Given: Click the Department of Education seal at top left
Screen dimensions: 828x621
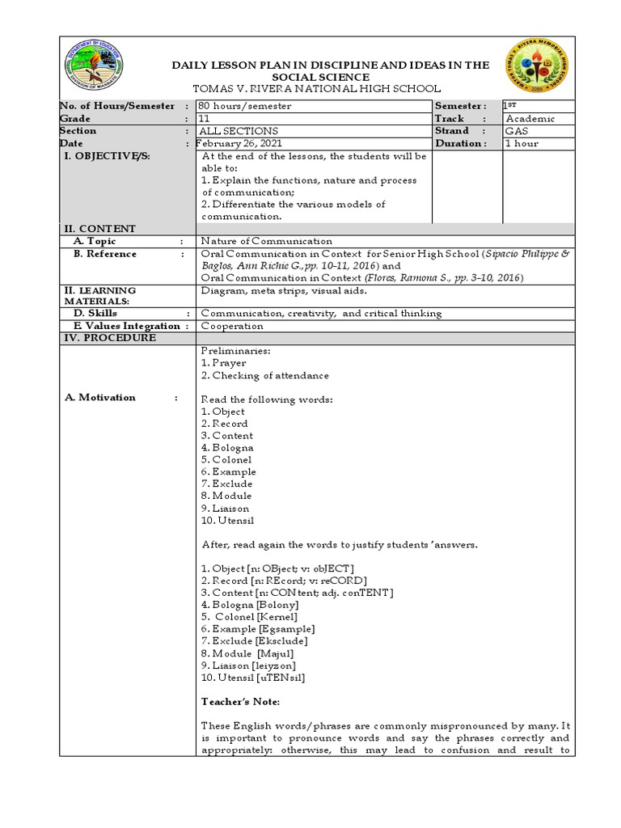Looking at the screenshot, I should pos(95,67).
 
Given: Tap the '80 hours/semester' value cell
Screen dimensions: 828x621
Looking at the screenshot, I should pos(246,106).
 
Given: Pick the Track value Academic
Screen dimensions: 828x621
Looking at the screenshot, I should pos(530,119).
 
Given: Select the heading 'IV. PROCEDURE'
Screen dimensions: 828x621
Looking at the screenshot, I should pos(110,338).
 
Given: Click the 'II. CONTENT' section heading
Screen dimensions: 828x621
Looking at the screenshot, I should pos(100,229).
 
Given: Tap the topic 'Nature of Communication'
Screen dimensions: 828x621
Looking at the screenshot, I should pos(267,241).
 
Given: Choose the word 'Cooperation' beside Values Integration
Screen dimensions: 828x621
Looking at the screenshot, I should pos(232,326).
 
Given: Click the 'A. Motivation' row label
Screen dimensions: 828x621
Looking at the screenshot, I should pos(107,398).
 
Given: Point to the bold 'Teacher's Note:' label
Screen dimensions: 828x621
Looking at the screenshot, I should pos(240,702).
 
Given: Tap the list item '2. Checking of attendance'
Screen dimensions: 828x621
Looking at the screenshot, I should pos(265,375).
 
